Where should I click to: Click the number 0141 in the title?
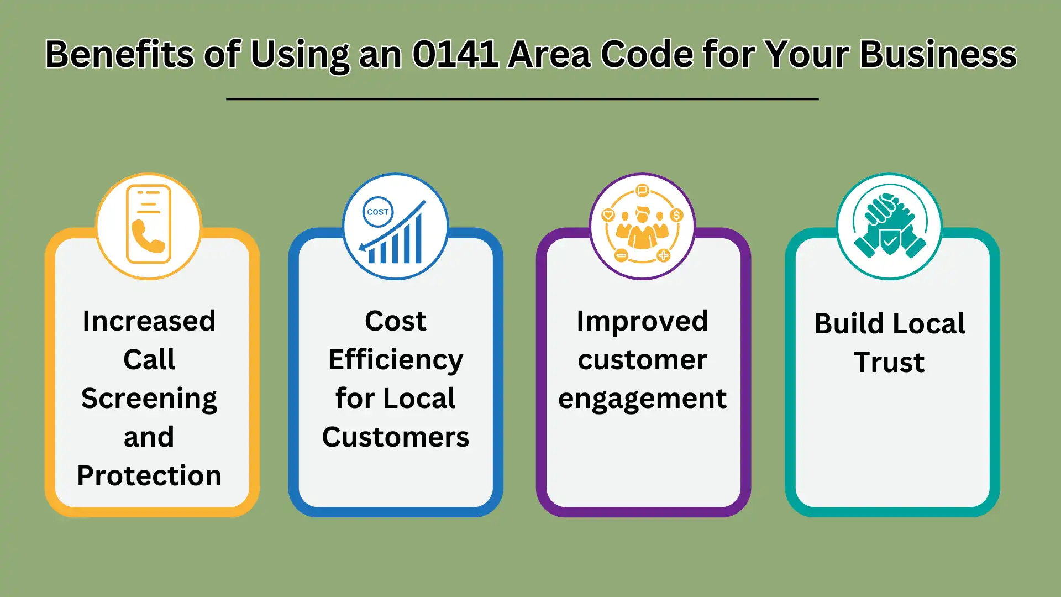(455, 54)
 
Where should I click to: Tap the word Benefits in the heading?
(119, 54)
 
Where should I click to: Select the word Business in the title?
(938, 54)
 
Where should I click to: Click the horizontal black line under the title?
(522, 99)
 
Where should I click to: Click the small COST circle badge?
(378, 212)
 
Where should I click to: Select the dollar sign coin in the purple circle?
(676, 215)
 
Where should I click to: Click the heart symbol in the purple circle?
(608, 215)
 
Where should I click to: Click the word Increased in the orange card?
(149, 321)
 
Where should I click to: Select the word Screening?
(149, 399)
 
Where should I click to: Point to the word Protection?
(149, 476)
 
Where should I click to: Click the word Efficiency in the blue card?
(396, 360)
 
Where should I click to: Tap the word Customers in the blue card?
(396, 437)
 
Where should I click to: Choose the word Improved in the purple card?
(642, 322)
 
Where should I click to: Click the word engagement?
(642, 399)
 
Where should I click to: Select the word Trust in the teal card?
(889, 363)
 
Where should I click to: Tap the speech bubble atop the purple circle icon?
(642, 191)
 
